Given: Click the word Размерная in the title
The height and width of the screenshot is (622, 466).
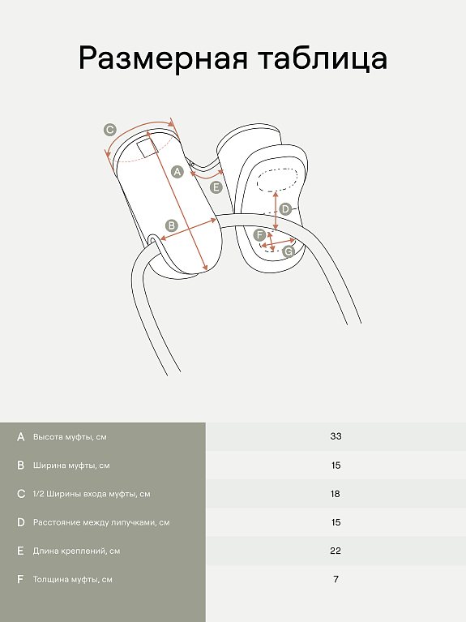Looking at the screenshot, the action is (x=163, y=58).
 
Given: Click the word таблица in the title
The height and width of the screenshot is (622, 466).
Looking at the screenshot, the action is (x=323, y=58).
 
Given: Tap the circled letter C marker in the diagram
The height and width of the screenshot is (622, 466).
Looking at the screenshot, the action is (x=110, y=130).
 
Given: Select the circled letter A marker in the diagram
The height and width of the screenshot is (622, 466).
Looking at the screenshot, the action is (x=177, y=172).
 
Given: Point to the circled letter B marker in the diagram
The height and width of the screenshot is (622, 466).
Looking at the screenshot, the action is (x=172, y=225).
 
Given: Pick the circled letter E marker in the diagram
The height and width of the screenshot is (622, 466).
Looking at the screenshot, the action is (x=216, y=187).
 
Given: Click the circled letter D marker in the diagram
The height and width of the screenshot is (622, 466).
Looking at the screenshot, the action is (x=285, y=209).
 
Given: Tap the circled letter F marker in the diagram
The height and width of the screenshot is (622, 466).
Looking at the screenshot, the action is (x=260, y=235).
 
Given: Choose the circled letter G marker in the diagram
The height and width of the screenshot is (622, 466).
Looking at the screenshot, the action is (x=289, y=251).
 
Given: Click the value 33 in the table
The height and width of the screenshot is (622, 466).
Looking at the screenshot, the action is (x=336, y=436).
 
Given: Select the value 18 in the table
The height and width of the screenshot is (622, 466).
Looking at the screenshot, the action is (x=336, y=494).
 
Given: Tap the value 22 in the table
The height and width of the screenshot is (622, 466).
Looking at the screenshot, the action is (x=336, y=551).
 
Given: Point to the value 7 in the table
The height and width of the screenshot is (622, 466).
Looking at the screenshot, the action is (x=336, y=579).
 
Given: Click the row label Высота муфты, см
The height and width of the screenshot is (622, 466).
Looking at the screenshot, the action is (x=70, y=437).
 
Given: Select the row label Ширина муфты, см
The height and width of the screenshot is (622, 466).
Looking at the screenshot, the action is (x=71, y=465).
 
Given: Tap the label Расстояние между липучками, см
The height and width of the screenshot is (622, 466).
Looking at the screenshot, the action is (x=101, y=522).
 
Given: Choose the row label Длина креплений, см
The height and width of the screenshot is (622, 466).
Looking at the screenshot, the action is (x=76, y=551).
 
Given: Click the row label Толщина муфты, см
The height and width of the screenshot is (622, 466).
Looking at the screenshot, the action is (x=73, y=580).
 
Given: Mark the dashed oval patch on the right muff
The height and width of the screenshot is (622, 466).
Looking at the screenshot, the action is (x=277, y=179).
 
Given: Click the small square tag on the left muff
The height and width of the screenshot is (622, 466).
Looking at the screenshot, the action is (x=147, y=148).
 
